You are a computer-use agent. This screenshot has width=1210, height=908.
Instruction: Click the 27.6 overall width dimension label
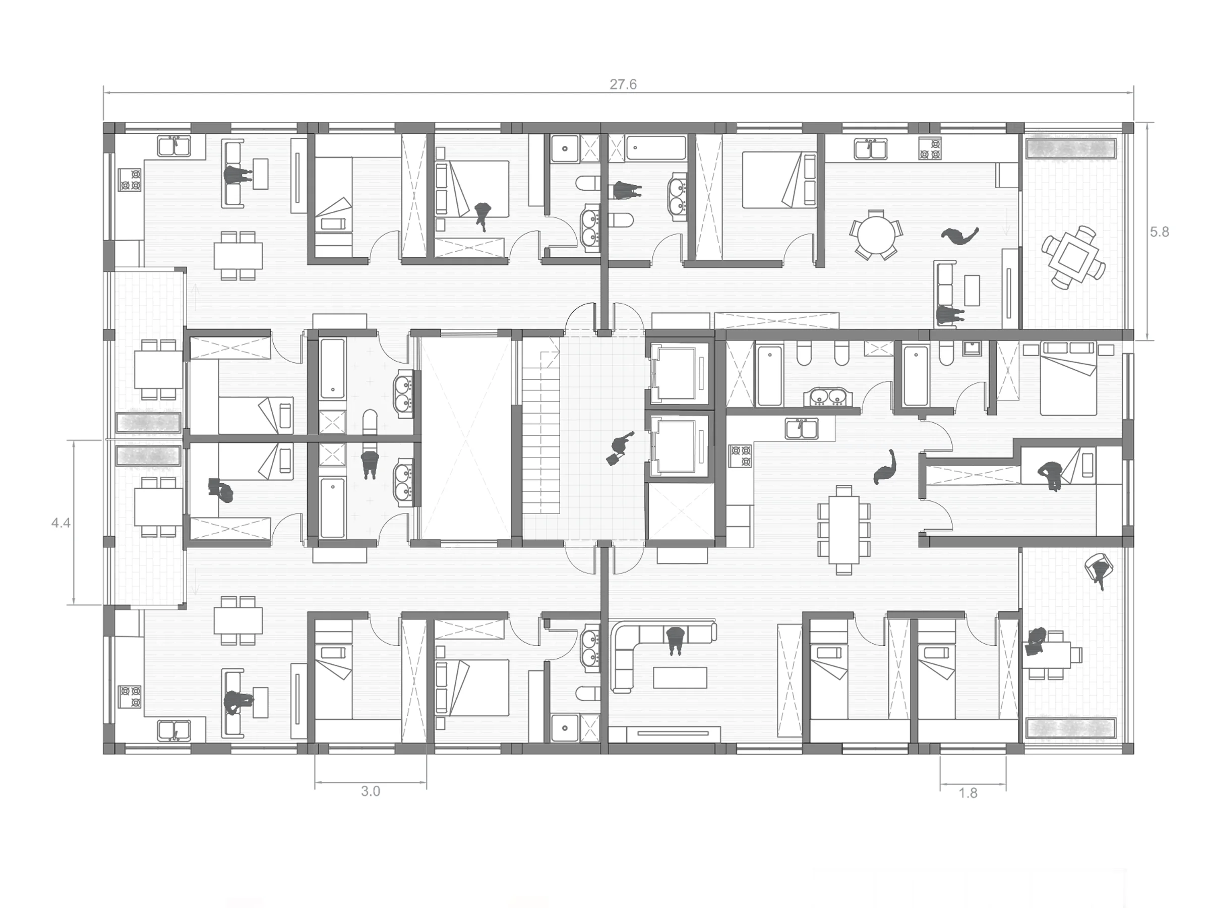tap(623, 84)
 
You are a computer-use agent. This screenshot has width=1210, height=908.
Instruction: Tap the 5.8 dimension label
tap(1159, 232)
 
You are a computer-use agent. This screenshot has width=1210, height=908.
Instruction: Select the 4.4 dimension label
tap(60, 523)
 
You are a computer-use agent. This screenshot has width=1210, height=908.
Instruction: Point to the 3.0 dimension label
tap(371, 791)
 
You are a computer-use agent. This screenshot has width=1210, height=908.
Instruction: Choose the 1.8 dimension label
tap(967, 792)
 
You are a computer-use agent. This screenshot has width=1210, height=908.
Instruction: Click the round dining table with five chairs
tap(875, 234)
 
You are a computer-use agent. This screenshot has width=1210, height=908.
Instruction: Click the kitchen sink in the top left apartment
tap(174, 146)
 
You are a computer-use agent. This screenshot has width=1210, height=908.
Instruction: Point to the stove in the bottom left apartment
tap(130, 697)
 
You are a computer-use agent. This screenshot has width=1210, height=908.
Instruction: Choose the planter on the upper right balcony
tap(1070, 148)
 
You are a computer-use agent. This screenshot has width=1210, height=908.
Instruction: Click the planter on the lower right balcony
tap(1070, 727)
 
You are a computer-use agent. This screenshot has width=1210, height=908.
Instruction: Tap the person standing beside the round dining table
tap(958, 237)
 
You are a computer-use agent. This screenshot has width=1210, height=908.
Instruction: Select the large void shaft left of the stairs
tap(465, 438)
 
